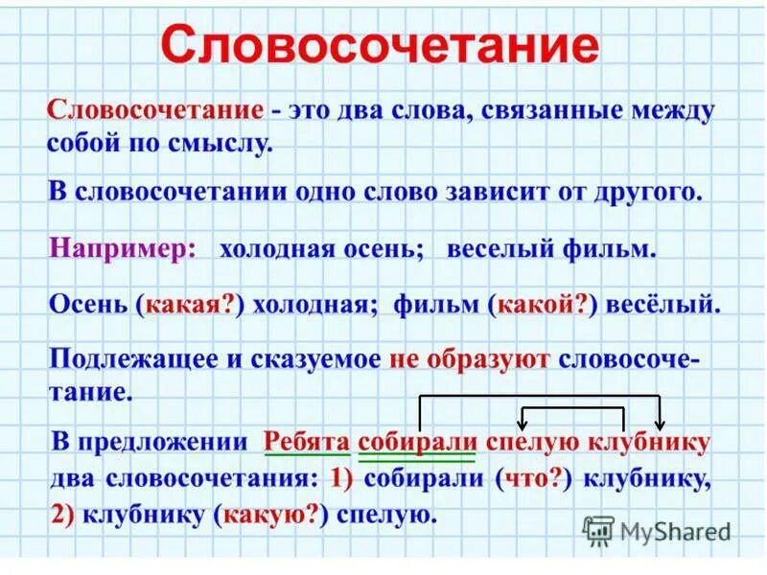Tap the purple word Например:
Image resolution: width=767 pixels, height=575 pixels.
click(123, 248)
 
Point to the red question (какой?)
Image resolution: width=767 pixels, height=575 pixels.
click(543, 305)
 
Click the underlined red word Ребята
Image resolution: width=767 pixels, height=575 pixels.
click(304, 442)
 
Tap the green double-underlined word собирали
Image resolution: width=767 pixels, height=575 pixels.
click(417, 442)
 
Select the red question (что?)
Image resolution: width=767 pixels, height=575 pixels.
click(534, 478)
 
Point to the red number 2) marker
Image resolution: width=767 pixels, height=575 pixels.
click(64, 514)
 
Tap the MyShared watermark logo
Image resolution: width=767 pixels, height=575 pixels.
click(657, 530)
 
